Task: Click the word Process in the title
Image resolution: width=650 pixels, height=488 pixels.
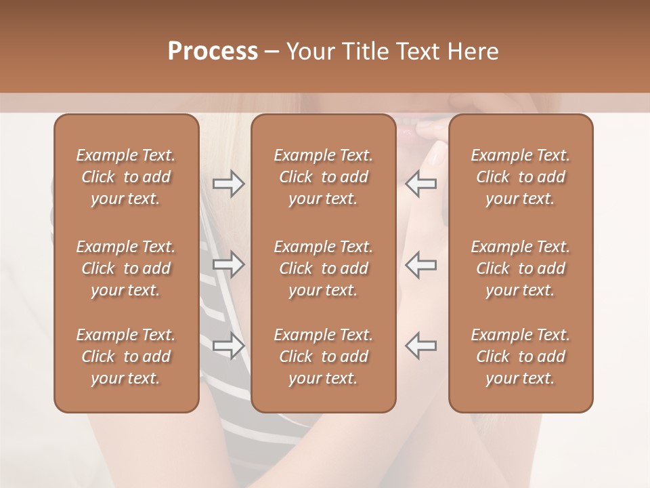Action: pos(213,52)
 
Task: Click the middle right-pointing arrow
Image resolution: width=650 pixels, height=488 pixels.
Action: pos(228,264)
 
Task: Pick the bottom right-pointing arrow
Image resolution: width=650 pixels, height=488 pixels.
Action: pos(228,346)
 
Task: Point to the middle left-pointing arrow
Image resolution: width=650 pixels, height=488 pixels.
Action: pos(421,264)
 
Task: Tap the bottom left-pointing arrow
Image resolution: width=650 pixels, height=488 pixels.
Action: pos(421,346)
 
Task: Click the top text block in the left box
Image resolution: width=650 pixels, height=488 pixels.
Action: pos(126,177)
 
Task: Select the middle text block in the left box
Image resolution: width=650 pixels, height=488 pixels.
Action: pos(126,268)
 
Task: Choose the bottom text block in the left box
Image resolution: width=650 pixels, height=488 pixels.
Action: pos(126,357)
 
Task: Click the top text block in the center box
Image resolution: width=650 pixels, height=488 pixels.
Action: pos(323,177)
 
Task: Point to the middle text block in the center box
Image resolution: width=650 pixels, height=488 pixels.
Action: pos(323,268)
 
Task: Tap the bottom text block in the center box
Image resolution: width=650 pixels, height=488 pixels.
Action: pos(323,357)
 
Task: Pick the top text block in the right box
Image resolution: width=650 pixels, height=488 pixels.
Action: pos(520,177)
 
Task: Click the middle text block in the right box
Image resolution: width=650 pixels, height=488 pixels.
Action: pos(520,268)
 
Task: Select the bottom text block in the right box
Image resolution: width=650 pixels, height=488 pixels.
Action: pos(520,357)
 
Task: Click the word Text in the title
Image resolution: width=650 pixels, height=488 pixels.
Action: pos(416,52)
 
